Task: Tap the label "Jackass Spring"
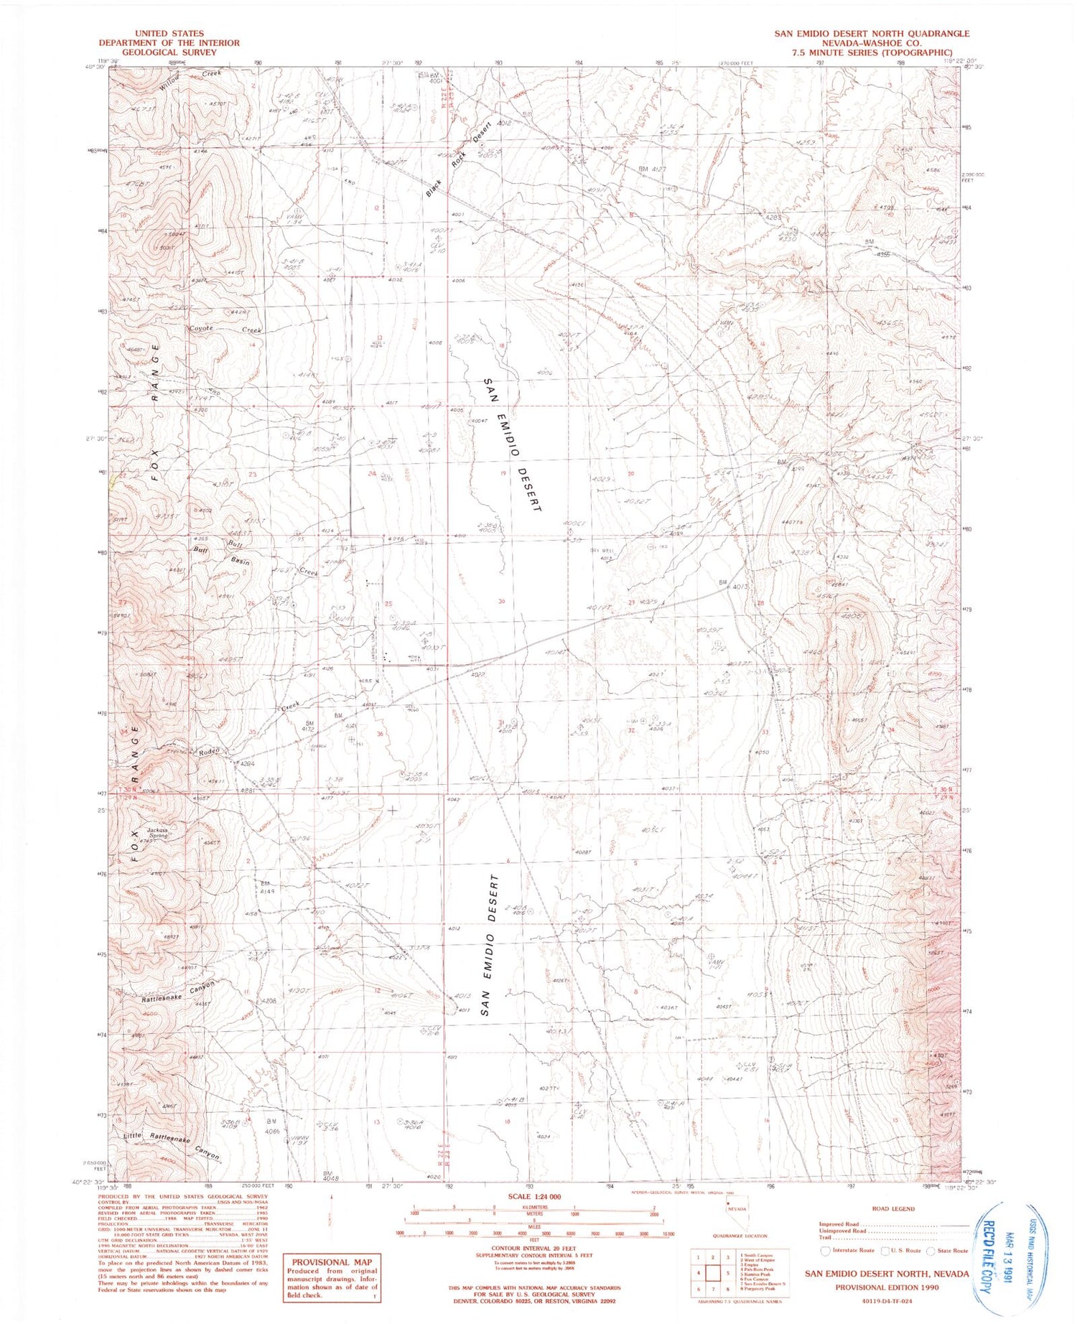tap(158, 833)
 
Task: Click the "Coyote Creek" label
tap(225, 329)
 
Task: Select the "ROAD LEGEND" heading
tap(893, 1208)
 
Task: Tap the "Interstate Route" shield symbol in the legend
tap(826, 1250)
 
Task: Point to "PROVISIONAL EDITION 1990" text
tap(887, 1287)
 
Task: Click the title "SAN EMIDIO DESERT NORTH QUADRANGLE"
tap(872, 33)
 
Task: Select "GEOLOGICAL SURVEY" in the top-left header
tap(169, 52)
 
